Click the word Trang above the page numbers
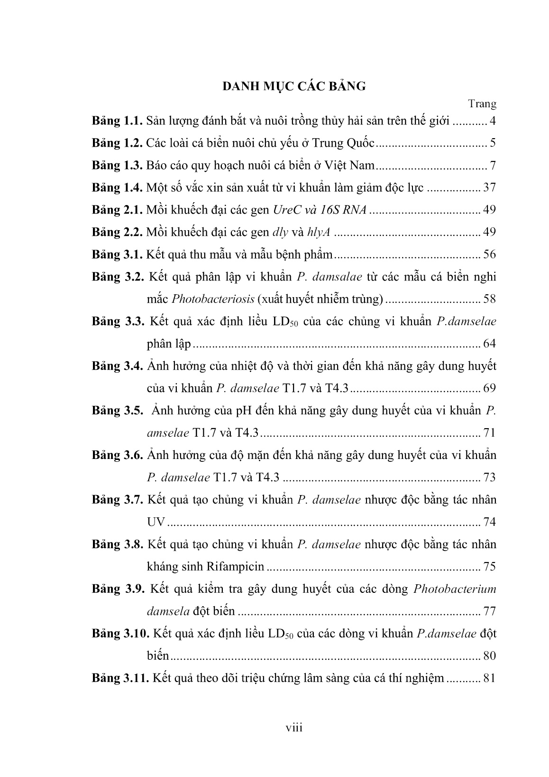[x=482, y=103]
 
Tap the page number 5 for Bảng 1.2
[x=493, y=143]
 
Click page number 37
[x=489, y=188]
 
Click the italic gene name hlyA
[x=319, y=233]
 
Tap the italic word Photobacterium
[x=455, y=589]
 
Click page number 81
[x=488, y=678]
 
